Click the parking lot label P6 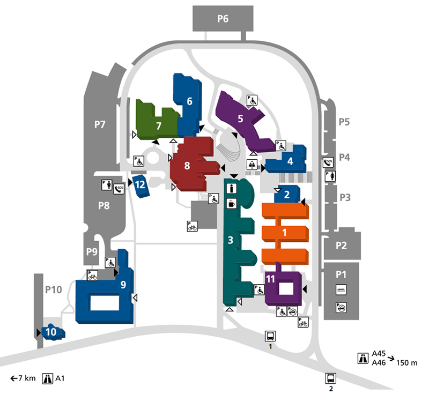pos(223,19)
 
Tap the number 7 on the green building pos(159,126)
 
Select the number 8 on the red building pos(187,166)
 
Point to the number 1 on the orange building pos(285,233)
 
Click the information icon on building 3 pos(232,188)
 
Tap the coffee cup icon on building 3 pos(232,204)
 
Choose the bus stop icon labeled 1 pos(270,336)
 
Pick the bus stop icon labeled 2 pos(331,378)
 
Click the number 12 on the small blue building pos(140,185)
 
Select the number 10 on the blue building pos(51,332)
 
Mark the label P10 pos(54,289)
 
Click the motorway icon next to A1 pos(48,378)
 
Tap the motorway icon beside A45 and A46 pos(363,358)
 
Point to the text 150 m pos(407,363)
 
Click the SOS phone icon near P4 pos(328,162)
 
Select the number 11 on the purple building pos(270,279)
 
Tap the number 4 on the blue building pos(290,161)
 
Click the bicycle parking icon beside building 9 pos(92,276)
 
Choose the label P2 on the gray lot pos(341,246)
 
